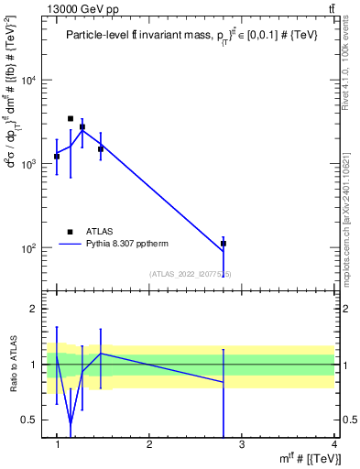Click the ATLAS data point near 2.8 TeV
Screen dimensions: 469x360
(x=223, y=244)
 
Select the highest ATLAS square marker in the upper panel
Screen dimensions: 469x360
(x=71, y=118)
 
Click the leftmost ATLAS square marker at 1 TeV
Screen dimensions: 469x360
(x=57, y=157)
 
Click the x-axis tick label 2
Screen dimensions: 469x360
(x=149, y=444)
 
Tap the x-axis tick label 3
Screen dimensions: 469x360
(x=242, y=444)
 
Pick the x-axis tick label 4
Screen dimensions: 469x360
(x=333, y=444)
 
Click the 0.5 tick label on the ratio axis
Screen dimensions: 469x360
(x=31, y=420)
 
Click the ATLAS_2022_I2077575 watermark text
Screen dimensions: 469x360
(x=190, y=274)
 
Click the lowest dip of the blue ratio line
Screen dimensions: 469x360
(x=71, y=424)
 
